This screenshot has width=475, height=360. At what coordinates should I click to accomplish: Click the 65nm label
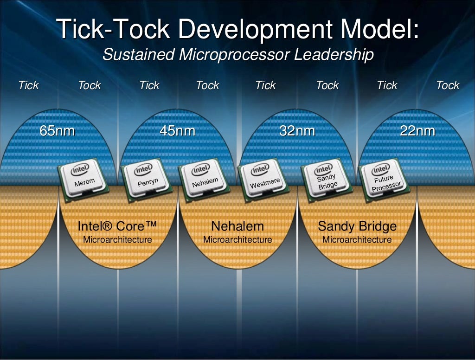tap(57, 131)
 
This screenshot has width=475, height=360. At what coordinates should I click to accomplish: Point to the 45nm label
tap(177, 131)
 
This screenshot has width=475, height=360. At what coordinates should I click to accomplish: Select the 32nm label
tap(297, 131)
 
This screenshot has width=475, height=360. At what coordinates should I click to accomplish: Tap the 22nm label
tap(417, 131)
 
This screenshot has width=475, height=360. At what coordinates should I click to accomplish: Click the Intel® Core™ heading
tap(117, 226)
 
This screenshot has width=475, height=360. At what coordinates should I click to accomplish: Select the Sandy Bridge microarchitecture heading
tap(357, 226)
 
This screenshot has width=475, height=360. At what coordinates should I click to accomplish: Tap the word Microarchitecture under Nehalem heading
tap(237, 240)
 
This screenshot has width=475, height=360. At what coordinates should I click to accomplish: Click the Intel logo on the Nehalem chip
tap(201, 169)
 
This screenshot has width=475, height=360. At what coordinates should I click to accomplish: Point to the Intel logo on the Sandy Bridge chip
tap(323, 169)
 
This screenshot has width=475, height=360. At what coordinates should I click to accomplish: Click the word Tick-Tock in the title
tap(114, 30)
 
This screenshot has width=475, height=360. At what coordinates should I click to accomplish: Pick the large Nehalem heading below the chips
tap(237, 226)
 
